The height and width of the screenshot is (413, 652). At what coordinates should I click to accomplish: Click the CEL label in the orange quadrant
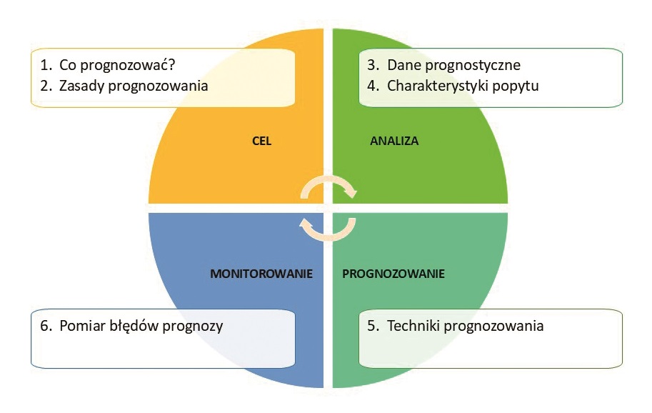(x=261, y=141)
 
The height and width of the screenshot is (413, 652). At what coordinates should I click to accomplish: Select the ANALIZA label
(x=394, y=141)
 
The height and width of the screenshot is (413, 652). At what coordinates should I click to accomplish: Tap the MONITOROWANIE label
(x=261, y=274)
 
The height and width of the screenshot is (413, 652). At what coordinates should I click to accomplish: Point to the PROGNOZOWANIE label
(x=393, y=274)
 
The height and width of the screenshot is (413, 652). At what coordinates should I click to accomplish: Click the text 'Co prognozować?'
(x=117, y=65)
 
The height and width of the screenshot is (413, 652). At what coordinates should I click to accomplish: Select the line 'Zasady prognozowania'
(x=134, y=86)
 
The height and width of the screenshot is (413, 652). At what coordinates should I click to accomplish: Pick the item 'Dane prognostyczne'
(x=453, y=65)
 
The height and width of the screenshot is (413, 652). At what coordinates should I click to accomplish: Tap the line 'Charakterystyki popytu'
(x=463, y=86)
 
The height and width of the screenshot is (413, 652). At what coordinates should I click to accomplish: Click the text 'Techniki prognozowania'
(x=466, y=326)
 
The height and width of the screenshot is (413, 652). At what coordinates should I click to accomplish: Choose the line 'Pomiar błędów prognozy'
(x=141, y=326)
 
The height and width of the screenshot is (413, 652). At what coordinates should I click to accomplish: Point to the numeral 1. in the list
(x=46, y=65)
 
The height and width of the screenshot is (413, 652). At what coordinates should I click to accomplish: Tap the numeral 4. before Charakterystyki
(x=373, y=86)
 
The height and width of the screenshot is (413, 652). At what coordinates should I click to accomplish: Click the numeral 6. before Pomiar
(x=46, y=325)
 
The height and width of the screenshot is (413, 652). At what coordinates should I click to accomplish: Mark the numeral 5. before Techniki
(x=373, y=325)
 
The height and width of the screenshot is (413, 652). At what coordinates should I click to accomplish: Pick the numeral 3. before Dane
(x=373, y=65)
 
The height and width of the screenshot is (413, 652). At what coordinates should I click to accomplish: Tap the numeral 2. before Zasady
(x=46, y=86)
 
